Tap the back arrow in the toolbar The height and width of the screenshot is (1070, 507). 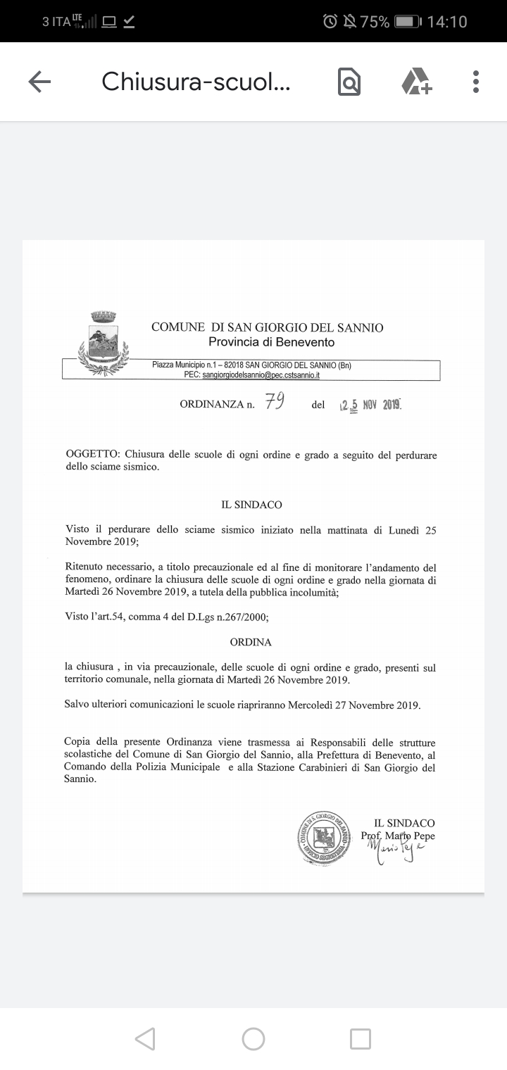[x=39, y=82]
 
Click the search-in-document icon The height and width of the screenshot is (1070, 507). [x=349, y=82]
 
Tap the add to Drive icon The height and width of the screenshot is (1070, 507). [x=416, y=82]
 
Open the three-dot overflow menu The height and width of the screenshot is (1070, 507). [x=476, y=82]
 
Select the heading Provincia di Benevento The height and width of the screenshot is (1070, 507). [x=271, y=343]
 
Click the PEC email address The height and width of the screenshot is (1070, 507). [x=261, y=376]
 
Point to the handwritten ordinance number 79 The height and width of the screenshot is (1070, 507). [x=274, y=402]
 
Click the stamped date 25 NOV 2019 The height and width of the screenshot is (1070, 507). [x=370, y=405]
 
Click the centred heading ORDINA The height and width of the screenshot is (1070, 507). [x=251, y=642]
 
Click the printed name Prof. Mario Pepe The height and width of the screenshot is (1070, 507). [x=398, y=836]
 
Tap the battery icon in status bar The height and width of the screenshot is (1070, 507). [x=408, y=22]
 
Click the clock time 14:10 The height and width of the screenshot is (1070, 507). [x=447, y=22]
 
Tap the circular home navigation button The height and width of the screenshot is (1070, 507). [x=254, y=1039]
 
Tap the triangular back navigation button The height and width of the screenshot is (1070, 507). [x=145, y=1039]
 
